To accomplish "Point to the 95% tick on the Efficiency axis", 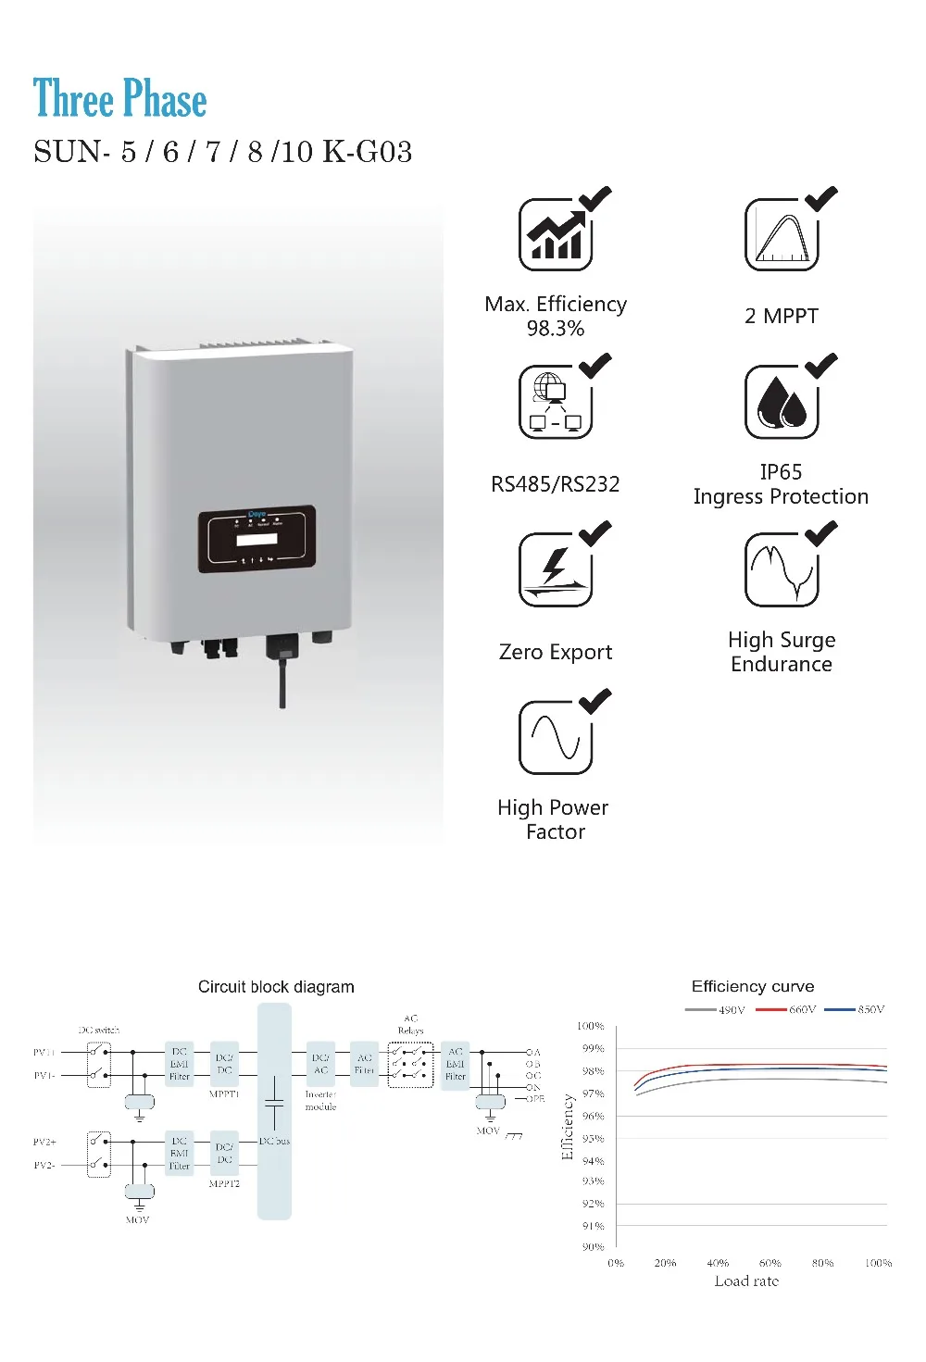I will pyautogui.click(x=593, y=1139).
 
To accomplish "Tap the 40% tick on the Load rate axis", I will pyautogui.click(x=718, y=1263).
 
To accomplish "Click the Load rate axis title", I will pyautogui.click(x=746, y=1281).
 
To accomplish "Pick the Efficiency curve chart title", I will pyautogui.click(x=753, y=987).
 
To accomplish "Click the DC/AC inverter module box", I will pyautogui.click(x=320, y=1064).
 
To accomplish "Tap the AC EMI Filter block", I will pyautogui.click(x=456, y=1064).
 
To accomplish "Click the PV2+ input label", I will pyautogui.click(x=44, y=1143).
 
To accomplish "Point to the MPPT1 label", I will pyautogui.click(x=224, y=1094).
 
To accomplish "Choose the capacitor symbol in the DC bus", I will pyautogui.click(x=274, y=1102).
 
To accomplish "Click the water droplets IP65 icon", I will pyautogui.click(x=782, y=404).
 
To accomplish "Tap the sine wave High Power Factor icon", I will pyautogui.click(x=556, y=738).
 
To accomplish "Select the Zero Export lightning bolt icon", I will pyautogui.click(x=556, y=569).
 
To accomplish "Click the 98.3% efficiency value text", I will pyautogui.click(x=556, y=329).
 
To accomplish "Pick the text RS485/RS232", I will pyautogui.click(x=556, y=484).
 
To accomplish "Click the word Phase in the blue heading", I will pyautogui.click(x=165, y=99).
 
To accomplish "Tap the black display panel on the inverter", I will pyautogui.click(x=257, y=539).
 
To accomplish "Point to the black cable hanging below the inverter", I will pyautogui.click(x=283, y=681).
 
